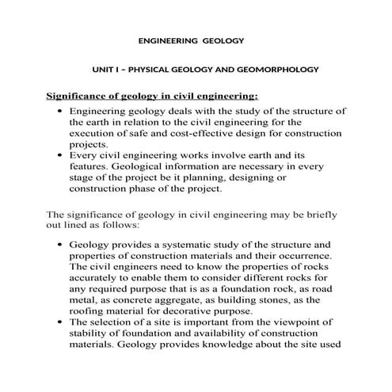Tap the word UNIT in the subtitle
coord(104,70)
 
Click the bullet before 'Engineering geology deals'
coord(60,112)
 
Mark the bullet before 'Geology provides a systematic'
coord(60,246)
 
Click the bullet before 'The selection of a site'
coord(60,323)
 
